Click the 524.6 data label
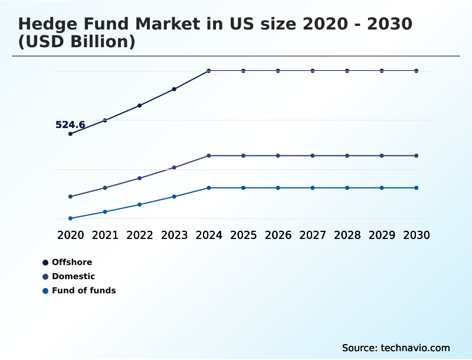(x=70, y=125)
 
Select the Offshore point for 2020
(x=70, y=134)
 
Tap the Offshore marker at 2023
(x=174, y=89)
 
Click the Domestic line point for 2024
(x=209, y=156)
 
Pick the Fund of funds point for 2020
(x=70, y=218)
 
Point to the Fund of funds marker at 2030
(x=417, y=188)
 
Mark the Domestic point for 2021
(x=105, y=188)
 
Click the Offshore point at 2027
(x=313, y=71)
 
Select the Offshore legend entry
(x=71, y=262)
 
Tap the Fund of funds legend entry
(x=83, y=290)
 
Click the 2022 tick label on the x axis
(x=140, y=235)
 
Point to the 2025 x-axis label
(x=244, y=235)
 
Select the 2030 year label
(x=417, y=235)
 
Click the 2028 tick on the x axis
(x=348, y=235)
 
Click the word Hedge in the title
(x=49, y=24)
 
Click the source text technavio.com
(x=415, y=348)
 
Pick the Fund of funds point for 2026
(x=278, y=188)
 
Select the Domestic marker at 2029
(x=382, y=156)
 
